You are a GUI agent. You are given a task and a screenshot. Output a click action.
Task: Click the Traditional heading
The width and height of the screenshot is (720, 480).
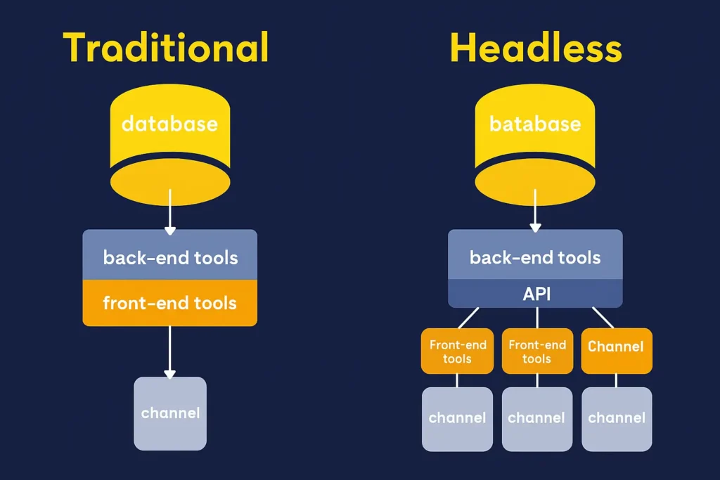point(166,48)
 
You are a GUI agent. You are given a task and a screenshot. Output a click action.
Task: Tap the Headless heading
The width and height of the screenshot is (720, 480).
point(535,48)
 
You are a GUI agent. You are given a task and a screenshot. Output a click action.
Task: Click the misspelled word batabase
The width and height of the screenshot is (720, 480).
point(535,124)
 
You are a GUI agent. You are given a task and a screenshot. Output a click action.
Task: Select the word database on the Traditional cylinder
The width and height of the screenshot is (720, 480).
point(169,124)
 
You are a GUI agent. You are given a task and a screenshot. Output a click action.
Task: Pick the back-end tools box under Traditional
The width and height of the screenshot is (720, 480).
point(170,256)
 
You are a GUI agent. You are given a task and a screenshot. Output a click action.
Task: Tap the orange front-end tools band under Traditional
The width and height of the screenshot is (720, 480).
point(170,304)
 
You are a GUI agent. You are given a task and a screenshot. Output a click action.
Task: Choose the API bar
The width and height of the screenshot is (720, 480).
point(536,294)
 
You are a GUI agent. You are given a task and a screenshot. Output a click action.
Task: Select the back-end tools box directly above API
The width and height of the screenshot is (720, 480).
point(536,257)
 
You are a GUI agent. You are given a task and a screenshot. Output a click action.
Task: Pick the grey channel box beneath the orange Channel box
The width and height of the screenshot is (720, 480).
point(616,419)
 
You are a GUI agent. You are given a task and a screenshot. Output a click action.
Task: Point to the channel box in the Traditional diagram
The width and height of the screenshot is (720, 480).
point(170,413)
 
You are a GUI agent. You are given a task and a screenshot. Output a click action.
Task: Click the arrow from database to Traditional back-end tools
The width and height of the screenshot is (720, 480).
point(169,214)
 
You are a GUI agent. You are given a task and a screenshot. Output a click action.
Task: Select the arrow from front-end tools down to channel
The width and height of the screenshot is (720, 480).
point(169,351)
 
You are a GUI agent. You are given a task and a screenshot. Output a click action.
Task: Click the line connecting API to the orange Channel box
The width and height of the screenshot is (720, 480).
point(603,317)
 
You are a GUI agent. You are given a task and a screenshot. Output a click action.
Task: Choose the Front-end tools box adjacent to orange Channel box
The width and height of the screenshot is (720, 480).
point(536,351)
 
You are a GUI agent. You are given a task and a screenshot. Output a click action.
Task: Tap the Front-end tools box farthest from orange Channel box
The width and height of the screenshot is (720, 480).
point(457,351)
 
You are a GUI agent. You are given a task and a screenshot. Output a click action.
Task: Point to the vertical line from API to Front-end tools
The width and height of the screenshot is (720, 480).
point(536,318)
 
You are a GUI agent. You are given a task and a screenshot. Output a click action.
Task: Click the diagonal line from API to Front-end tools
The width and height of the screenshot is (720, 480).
point(470,317)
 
